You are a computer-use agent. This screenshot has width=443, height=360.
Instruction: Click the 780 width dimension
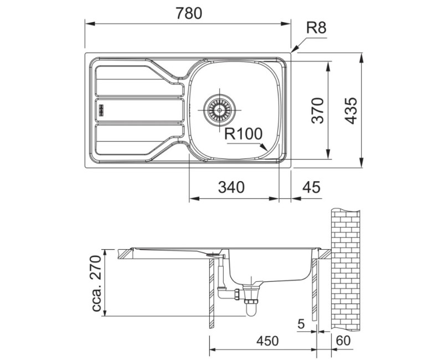point(189,13)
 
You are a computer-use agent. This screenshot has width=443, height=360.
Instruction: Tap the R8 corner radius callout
point(316,28)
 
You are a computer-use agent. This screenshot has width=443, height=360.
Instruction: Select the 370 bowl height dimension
point(317,110)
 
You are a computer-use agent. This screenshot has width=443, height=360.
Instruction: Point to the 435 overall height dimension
point(352,110)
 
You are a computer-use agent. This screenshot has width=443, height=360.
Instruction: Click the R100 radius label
point(244,134)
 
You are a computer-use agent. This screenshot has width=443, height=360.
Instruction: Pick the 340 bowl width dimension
point(231,187)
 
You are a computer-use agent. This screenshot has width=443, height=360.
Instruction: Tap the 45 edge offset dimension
point(311,187)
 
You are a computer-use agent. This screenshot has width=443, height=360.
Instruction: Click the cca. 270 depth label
point(96,284)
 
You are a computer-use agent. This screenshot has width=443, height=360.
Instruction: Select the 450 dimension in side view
point(267,341)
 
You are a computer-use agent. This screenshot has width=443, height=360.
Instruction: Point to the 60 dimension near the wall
point(343,341)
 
